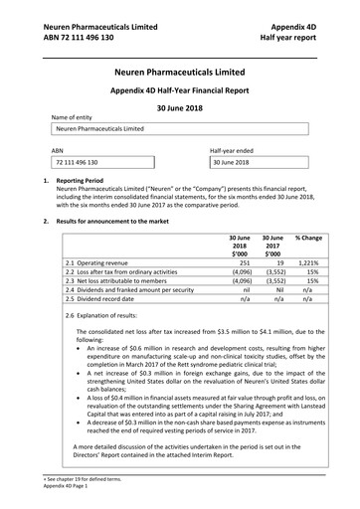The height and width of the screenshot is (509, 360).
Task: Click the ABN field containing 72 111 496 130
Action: [104, 162]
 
